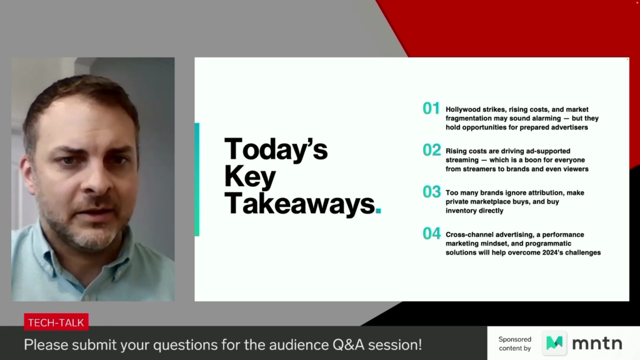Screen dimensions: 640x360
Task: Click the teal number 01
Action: click(431, 108)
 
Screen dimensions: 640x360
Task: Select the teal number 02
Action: click(432, 150)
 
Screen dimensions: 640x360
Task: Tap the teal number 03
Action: click(432, 191)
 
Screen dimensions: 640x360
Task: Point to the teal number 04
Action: click(432, 234)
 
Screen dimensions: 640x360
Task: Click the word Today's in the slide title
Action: click(276, 149)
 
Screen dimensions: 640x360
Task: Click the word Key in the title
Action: click(250, 177)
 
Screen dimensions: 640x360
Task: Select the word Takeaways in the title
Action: click(299, 203)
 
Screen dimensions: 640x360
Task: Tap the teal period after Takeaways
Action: click(378, 210)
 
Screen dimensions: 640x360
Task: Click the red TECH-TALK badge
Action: click(56, 322)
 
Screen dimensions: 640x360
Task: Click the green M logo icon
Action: click(554, 343)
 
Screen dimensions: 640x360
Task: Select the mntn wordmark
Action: click(597, 344)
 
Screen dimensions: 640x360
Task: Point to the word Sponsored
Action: click(515, 339)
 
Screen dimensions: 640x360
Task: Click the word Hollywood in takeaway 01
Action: click(463, 109)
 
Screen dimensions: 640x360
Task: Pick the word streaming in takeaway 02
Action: click(462, 160)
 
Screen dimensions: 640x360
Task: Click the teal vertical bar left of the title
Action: click(197, 179)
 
